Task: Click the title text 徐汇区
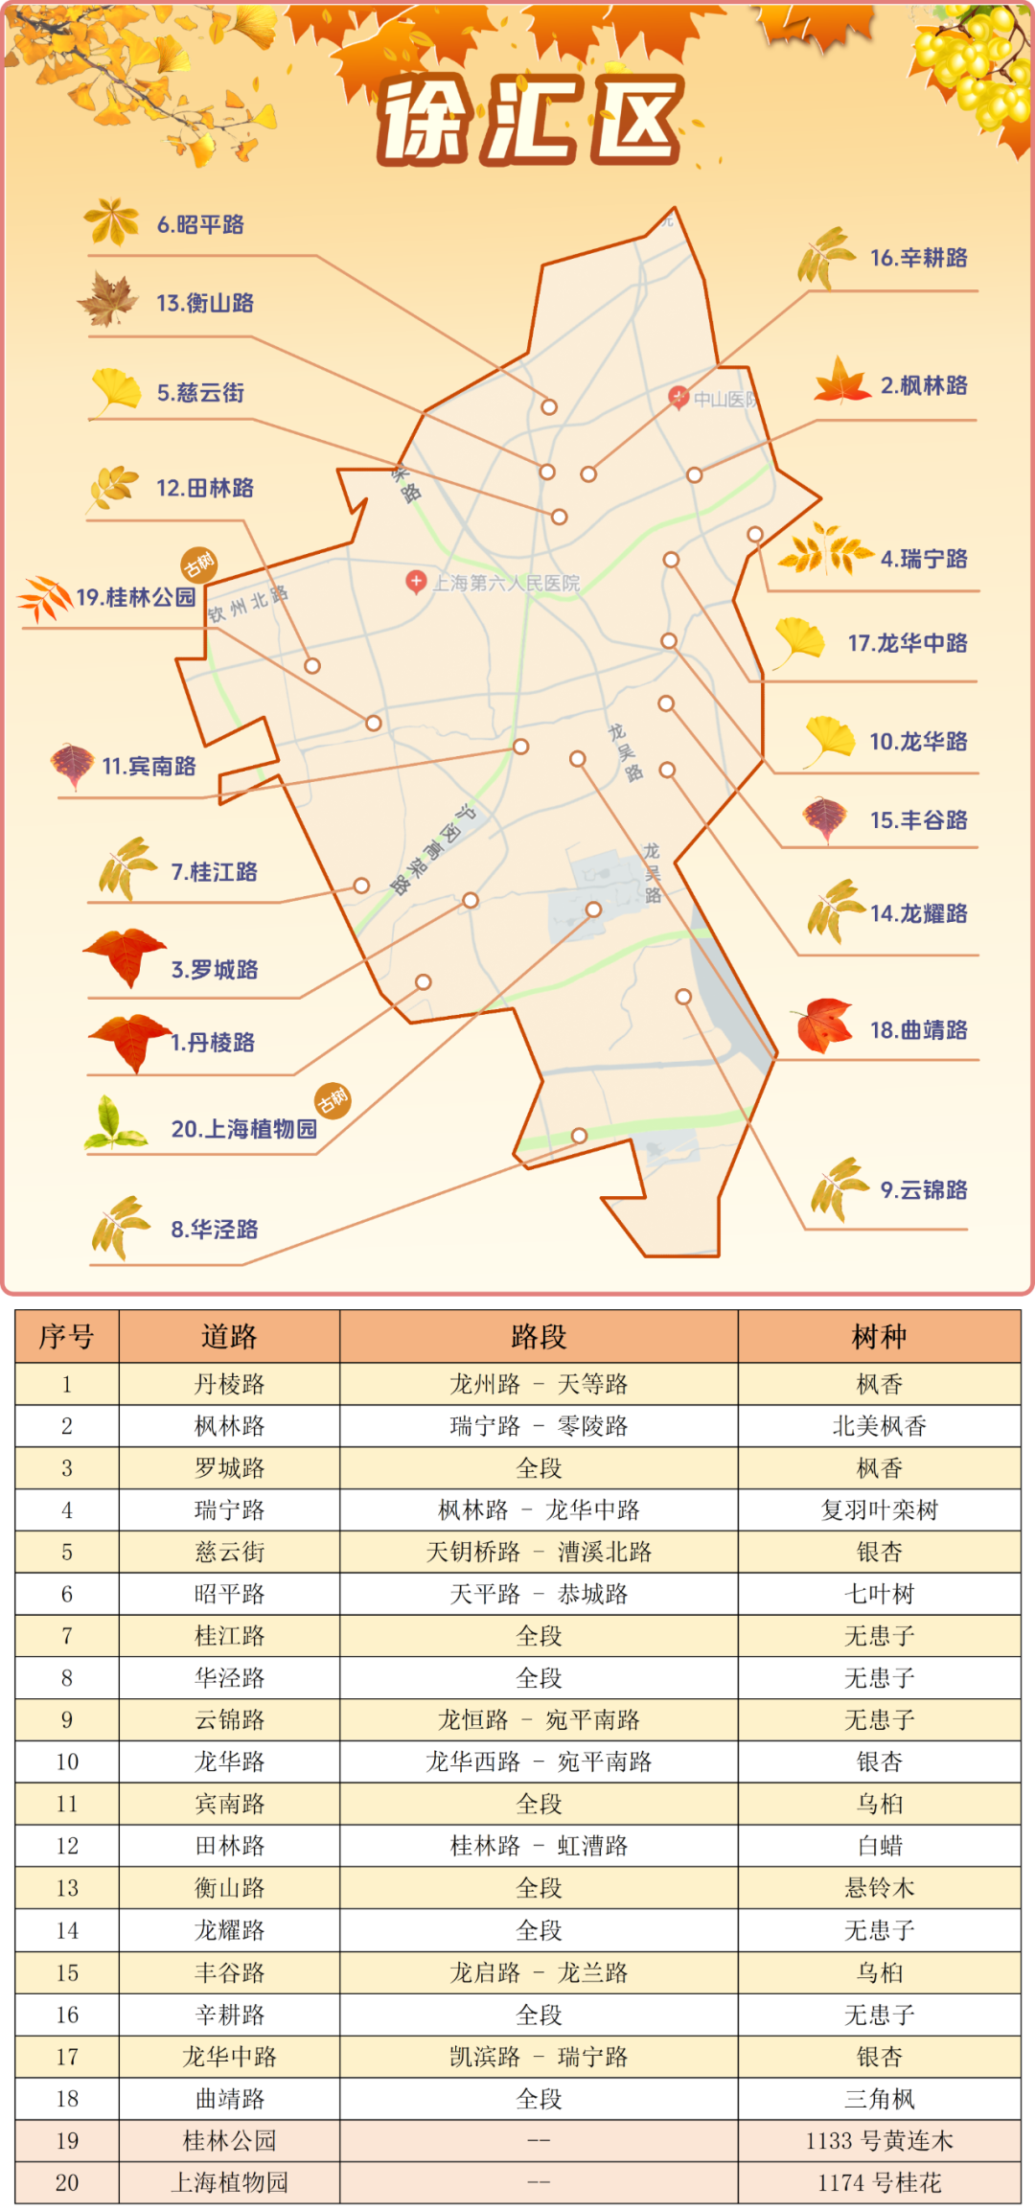tap(530, 120)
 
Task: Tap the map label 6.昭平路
tap(200, 225)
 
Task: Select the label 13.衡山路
tap(205, 304)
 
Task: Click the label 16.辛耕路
tap(918, 258)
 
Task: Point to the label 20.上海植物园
tap(243, 1129)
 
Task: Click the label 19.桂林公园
tap(135, 598)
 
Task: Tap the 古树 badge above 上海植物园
tap(333, 1100)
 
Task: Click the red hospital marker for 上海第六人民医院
tap(416, 581)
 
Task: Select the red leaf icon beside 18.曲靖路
tap(822, 1025)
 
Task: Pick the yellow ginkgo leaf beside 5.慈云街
tap(117, 391)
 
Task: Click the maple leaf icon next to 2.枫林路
tap(841, 381)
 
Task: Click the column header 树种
tap(879, 1337)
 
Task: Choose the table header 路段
tap(539, 1337)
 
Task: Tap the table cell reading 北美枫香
tap(879, 1426)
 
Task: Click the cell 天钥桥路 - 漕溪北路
tap(539, 1553)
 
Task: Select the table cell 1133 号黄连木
tap(879, 2141)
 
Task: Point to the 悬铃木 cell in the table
tap(879, 1888)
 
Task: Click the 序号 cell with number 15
tap(67, 1972)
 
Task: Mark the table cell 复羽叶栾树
tap(879, 1510)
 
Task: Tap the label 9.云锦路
tap(924, 1190)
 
